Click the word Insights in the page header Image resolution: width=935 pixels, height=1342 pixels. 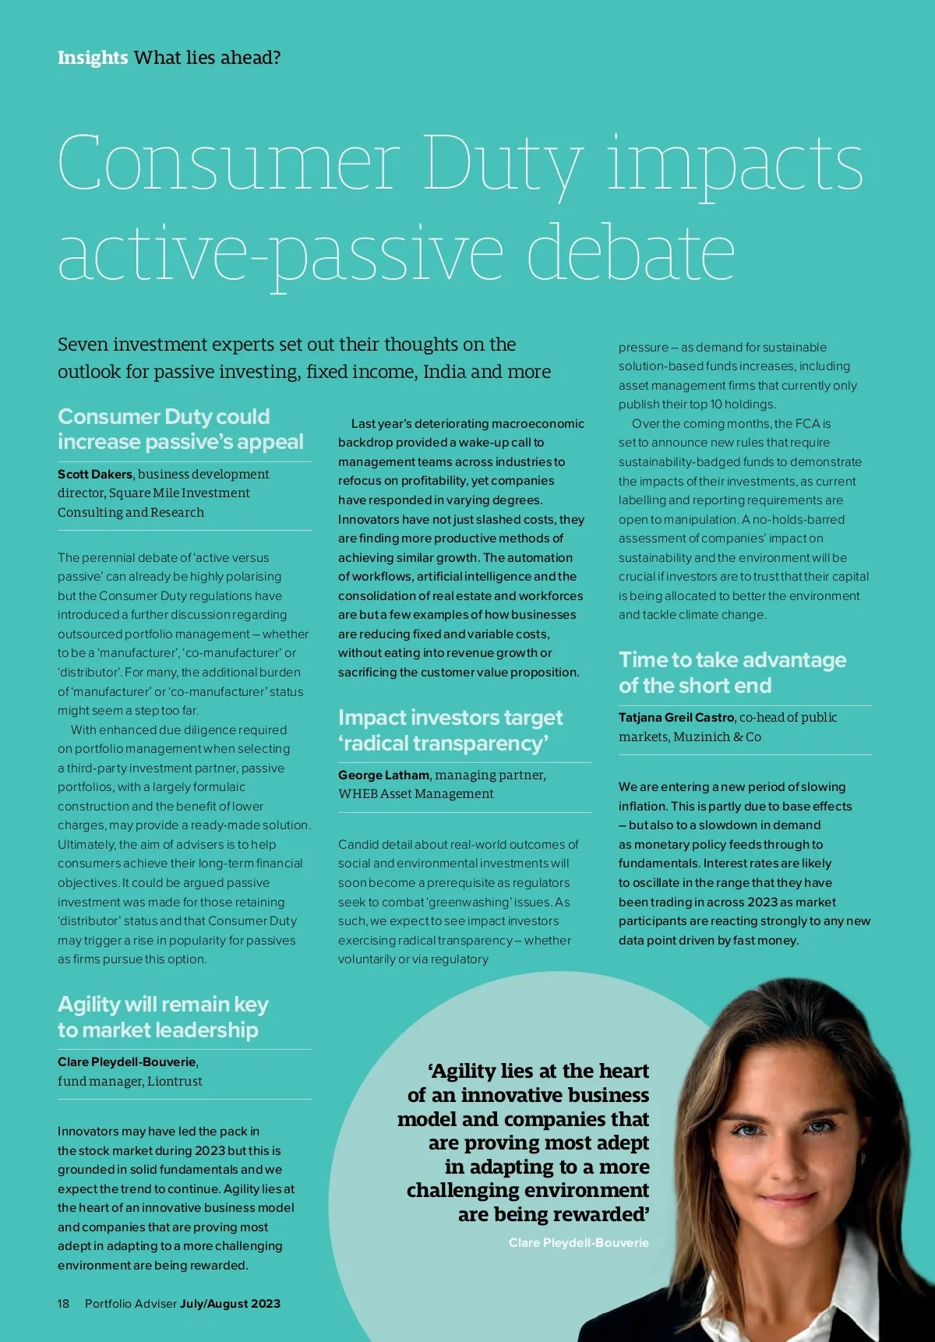pos(92,58)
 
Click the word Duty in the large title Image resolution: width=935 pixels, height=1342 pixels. pos(502,164)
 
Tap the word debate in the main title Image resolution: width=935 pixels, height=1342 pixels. pos(630,253)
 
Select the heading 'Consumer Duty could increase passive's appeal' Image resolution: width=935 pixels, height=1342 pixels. pos(180,429)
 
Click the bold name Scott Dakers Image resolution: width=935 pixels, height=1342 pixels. pos(95,474)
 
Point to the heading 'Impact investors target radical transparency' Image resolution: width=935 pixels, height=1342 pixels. pos(450,730)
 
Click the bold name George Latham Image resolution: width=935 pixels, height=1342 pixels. pos(383,775)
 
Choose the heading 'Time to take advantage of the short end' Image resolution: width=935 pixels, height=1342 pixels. pos(732,673)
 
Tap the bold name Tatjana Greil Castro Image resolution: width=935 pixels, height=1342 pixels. pos(676,717)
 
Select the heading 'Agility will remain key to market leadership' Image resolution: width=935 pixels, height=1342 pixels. pos(163,1017)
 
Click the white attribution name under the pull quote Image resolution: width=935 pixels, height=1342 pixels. pos(578,1242)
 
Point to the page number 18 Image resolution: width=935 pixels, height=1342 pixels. pos(63,1304)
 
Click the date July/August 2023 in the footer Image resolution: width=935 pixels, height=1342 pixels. pos(230,1304)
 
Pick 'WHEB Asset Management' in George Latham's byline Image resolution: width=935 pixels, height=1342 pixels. pos(415,794)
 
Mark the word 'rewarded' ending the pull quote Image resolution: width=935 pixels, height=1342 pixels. pos(601,1214)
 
